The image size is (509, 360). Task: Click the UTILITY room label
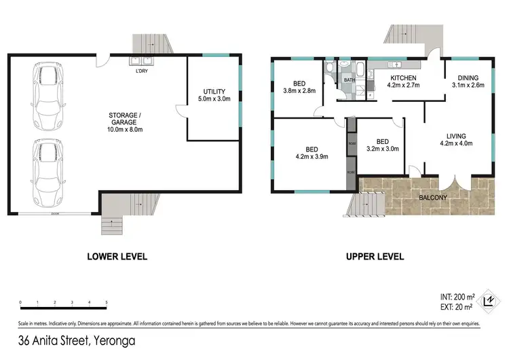tap(214, 92)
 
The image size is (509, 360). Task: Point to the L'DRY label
tap(142, 71)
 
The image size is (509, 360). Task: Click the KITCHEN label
tap(403, 77)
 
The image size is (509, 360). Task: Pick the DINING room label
tap(468, 77)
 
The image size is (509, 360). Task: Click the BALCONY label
tap(433, 198)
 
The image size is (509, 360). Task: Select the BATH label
tap(349, 80)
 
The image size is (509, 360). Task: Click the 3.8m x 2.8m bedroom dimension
tap(299, 91)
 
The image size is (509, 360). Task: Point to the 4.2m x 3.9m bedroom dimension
tap(312, 156)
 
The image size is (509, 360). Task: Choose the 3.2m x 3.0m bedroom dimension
tap(383, 149)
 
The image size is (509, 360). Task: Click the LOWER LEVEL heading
tap(117, 257)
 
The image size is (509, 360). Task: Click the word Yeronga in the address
tap(115, 340)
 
